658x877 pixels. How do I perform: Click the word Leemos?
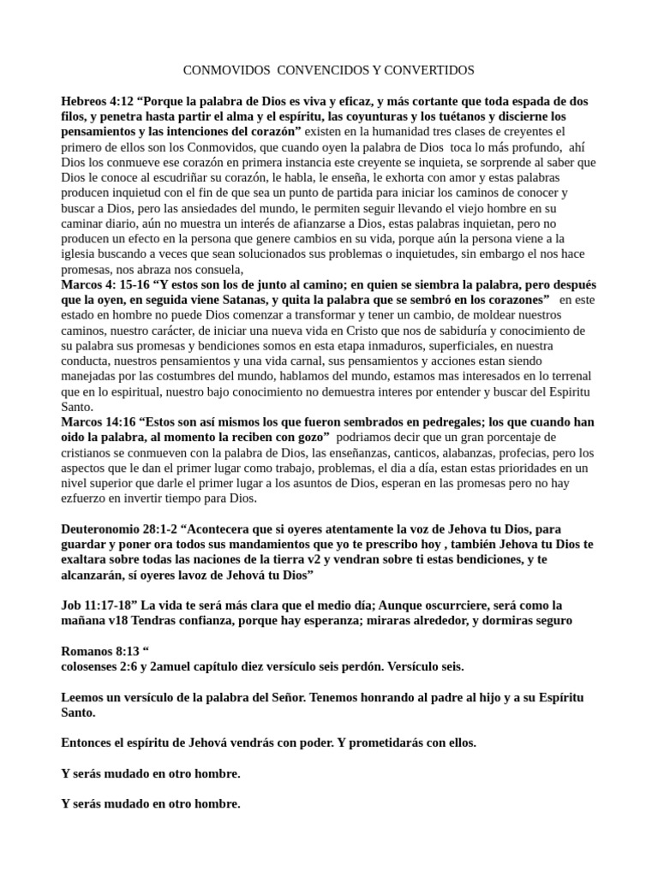(85, 699)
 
